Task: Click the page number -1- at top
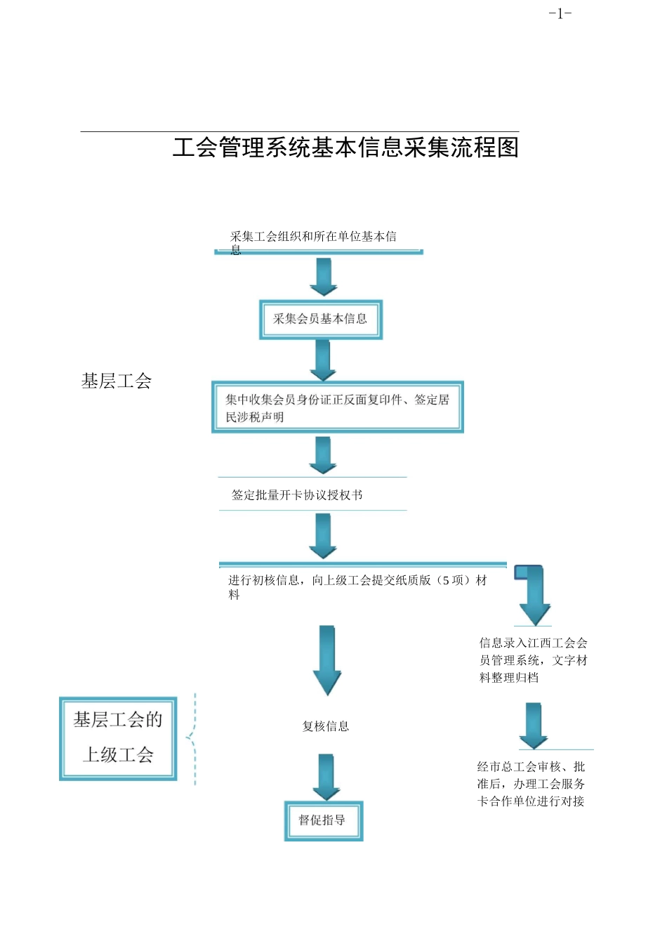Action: [560, 13]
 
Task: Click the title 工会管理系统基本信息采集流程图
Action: [345, 147]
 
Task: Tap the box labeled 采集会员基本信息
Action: [320, 320]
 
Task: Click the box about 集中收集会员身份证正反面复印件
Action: [337, 407]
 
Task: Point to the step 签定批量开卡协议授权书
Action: [298, 495]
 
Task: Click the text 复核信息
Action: [325, 726]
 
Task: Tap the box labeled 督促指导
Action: [323, 820]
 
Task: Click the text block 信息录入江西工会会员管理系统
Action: [533, 660]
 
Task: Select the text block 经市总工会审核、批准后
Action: [531, 784]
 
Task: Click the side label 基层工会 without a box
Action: [117, 381]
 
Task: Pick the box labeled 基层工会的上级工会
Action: [118, 737]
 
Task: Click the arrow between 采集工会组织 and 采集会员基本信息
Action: [324, 277]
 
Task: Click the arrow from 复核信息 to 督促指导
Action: [326, 777]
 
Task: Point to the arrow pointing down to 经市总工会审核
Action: [534, 726]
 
